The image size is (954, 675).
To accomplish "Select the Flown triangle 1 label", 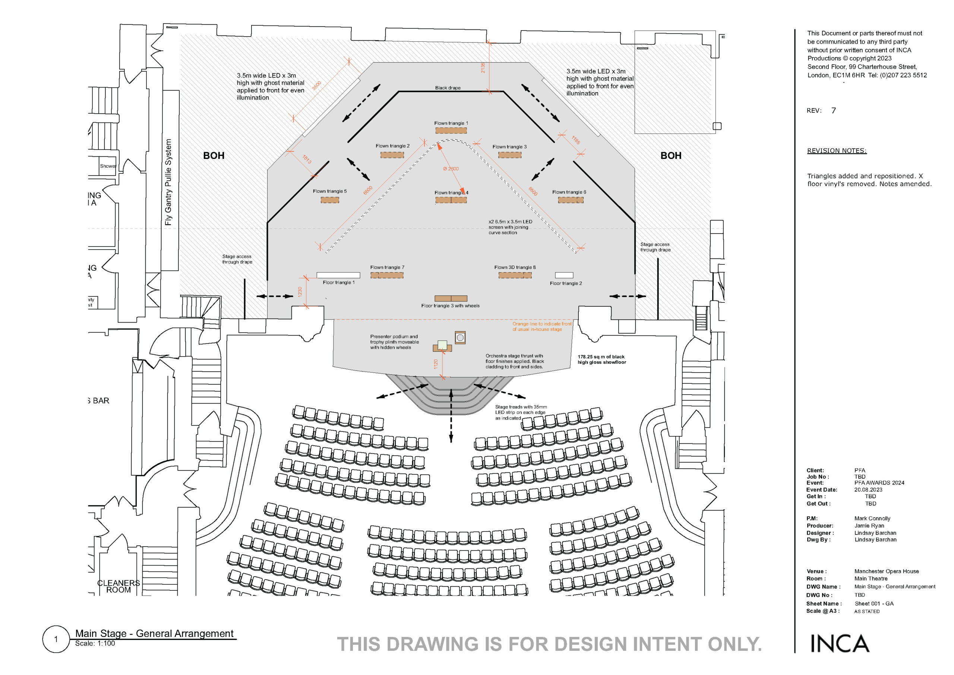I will pos(451,123).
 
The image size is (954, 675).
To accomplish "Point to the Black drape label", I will pos(448,88).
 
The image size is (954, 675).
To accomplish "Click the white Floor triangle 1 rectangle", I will pos(338,275).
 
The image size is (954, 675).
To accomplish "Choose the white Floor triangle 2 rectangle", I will pos(564,275).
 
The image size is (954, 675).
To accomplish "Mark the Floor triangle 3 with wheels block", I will pos(451,298).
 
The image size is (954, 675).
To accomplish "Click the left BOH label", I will pos(214,156).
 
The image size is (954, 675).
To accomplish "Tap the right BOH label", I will pos(671,156).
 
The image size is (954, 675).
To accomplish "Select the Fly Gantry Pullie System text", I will pos(168,182).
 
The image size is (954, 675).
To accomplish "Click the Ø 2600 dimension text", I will pos(451,169).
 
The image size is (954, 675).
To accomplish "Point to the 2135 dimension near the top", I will pos(483,67).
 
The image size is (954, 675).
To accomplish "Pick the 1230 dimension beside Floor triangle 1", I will pos(300,292).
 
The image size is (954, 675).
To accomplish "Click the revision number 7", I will pos(833,111).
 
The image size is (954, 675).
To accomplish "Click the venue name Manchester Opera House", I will pos(886,571).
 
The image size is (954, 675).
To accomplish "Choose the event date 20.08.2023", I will pos(868,490).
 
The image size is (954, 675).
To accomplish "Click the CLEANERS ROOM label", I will pos(119,586).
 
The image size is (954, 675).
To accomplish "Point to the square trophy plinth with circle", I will pos(460,337).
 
